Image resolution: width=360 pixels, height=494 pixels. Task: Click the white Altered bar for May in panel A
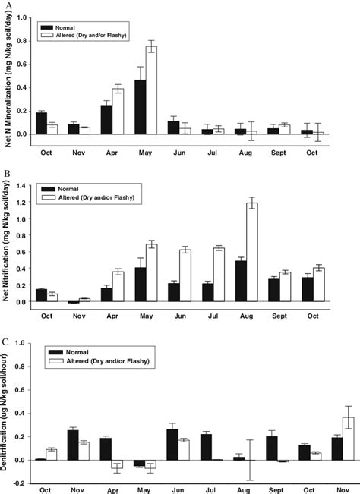151,90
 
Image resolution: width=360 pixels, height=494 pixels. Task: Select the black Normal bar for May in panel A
141,107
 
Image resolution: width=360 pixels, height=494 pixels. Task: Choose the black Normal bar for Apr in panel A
107,120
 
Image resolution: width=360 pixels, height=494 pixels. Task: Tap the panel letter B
8,174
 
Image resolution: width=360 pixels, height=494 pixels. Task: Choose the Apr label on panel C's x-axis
112,490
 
